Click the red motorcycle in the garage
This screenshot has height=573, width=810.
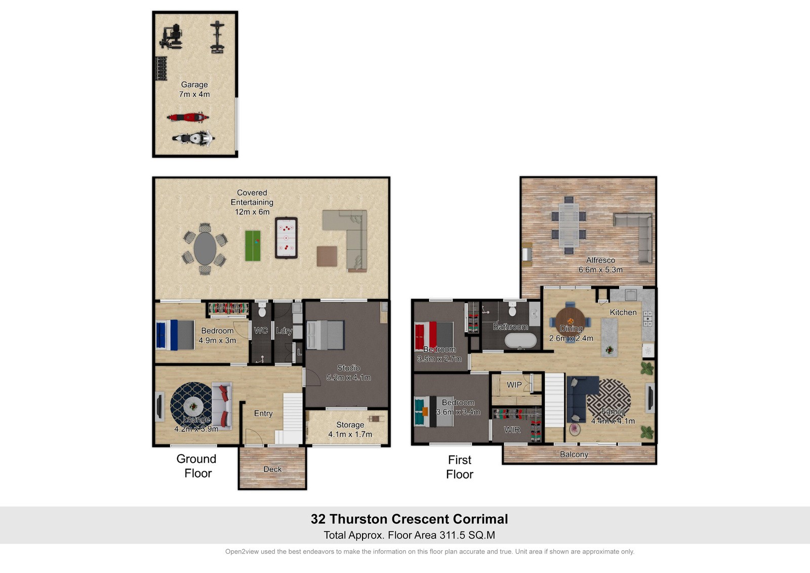click(188, 117)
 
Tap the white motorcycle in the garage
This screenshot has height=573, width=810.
click(193, 138)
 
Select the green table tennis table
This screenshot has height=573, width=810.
click(253, 246)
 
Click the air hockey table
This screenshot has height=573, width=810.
click(286, 238)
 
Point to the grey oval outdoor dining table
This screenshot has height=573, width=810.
click(205, 248)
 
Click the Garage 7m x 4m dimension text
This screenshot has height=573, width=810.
click(194, 94)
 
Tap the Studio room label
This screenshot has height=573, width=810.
click(349, 368)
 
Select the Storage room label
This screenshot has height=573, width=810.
click(350, 425)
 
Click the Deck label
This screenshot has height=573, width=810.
click(272, 469)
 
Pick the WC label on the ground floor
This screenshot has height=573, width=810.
click(261, 330)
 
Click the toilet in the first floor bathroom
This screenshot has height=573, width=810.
click(512, 310)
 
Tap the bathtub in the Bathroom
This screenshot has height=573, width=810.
click(521, 340)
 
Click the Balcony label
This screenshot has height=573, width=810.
click(574, 454)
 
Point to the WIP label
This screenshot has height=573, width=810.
click(514, 385)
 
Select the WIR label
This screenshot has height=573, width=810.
click(512, 430)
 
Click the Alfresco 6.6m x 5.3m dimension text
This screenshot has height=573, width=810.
click(600, 270)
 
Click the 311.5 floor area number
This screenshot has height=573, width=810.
click(452, 535)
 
